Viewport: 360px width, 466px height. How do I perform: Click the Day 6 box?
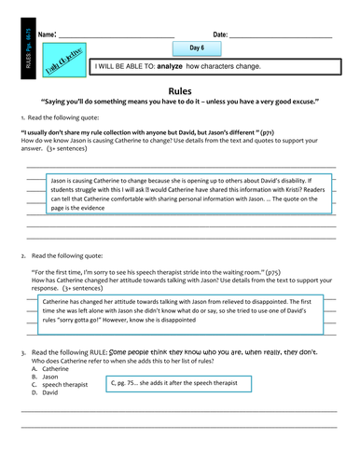click(197, 48)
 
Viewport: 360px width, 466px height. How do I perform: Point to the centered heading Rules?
click(180, 90)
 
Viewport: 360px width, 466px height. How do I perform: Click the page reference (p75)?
click(273, 271)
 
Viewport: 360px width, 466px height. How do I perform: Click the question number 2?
click(22, 254)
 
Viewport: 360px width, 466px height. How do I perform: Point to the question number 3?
click(22, 352)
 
